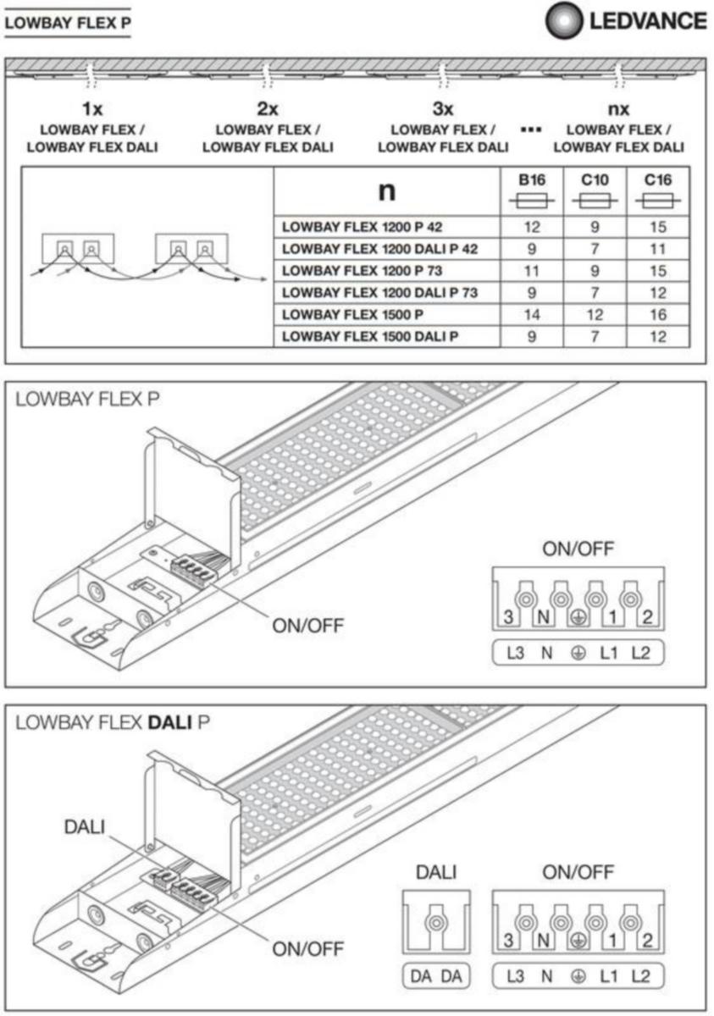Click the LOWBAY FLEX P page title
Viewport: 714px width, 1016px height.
coord(68,23)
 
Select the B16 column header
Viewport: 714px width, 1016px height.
coord(532,179)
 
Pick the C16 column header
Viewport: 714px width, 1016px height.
coord(658,179)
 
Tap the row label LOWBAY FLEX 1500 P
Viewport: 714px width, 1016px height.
coord(352,314)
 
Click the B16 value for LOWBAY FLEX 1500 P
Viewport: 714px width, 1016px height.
coord(532,314)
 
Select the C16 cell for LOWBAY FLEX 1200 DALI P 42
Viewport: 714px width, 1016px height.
coord(658,249)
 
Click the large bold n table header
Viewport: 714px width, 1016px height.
coord(386,191)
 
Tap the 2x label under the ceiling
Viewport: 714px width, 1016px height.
coord(267,109)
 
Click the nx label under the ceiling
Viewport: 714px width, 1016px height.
coord(619,109)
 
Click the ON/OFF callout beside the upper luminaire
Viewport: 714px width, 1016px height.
coord(307,627)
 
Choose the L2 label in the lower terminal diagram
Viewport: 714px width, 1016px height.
coord(640,976)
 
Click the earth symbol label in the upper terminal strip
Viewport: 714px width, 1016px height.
coord(578,653)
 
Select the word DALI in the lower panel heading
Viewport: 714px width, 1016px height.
coord(168,723)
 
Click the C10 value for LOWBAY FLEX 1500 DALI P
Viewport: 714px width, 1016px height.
coord(595,336)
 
